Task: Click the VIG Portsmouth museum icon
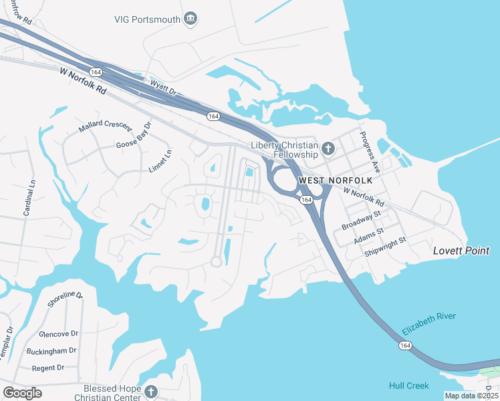(x=191, y=18)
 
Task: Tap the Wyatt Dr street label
(x=163, y=88)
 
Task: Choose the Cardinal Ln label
(x=29, y=198)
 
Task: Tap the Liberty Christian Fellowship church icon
(x=328, y=148)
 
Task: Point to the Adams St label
(x=370, y=234)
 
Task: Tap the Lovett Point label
(x=461, y=251)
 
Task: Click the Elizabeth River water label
(x=429, y=324)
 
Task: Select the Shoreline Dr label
(x=65, y=299)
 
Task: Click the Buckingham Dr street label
(x=51, y=351)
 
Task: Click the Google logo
(x=22, y=393)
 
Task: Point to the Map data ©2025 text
(x=471, y=396)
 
